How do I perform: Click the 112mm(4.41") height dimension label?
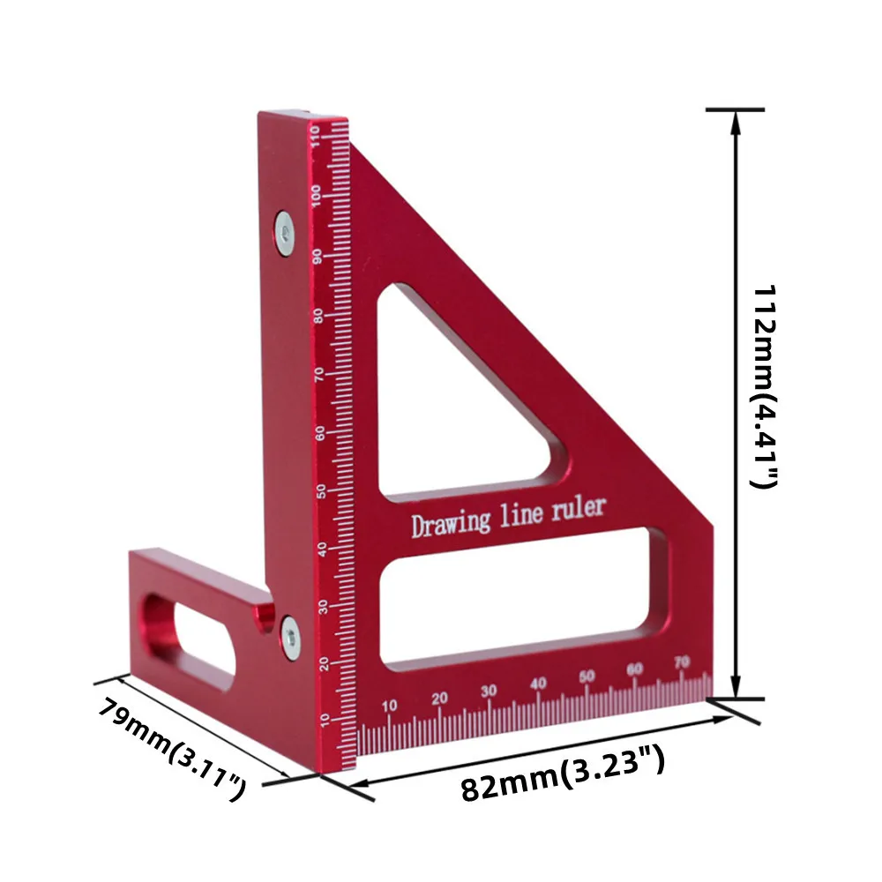click(x=763, y=386)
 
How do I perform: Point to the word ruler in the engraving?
click(x=579, y=508)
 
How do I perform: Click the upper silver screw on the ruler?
click(x=284, y=231)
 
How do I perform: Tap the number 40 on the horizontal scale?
click(x=538, y=683)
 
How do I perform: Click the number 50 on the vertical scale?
click(x=323, y=491)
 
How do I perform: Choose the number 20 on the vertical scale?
click(x=325, y=663)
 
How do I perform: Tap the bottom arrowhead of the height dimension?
click(x=736, y=688)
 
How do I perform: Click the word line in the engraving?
click(x=523, y=513)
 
